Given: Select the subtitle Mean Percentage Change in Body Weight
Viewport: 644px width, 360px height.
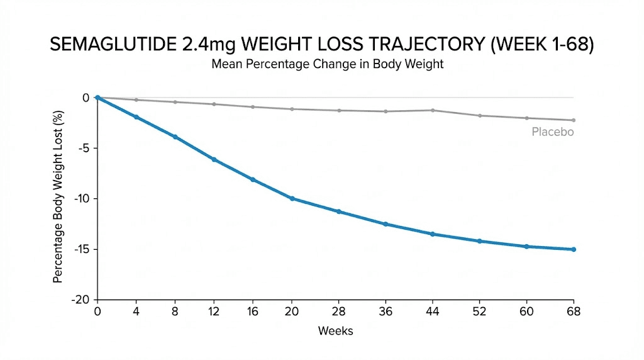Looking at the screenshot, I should pyautogui.click(x=327, y=65).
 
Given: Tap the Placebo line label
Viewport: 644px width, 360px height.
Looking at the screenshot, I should pyautogui.click(x=552, y=132).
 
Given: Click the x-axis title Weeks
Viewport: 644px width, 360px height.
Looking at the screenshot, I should pyautogui.click(x=335, y=331).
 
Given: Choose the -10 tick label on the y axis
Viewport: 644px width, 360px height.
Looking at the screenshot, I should pyautogui.click(x=82, y=198).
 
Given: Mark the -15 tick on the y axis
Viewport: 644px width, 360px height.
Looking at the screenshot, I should pyautogui.click(x=82, y=249).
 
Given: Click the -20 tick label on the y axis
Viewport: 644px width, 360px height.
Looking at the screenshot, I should pyautogui.click(x=82, y=300).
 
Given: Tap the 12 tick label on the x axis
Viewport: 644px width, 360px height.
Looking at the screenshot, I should pyautogui.click(x=214, y=312).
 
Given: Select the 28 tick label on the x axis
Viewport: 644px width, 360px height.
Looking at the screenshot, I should pyautogui.click(x=339, y=312).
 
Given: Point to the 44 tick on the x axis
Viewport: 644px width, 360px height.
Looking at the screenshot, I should pyautogui.click(x=432, y=312).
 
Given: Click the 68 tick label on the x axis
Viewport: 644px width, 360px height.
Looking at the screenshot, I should pyautogui.click(x=573, y=312).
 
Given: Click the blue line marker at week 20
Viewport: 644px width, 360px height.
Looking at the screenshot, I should pyautogui.click(x=292, y=198).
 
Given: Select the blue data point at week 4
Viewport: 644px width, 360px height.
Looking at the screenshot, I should pyautogui.click(x=136, y=117).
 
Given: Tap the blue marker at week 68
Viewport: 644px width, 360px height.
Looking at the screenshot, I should pyautogui.click(x=574, y=249).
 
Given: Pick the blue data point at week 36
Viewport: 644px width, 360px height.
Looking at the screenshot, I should pyautogui.click(x=386, y=224).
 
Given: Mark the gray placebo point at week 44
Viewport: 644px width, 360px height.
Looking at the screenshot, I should pyautogui.click(x=432, y=110).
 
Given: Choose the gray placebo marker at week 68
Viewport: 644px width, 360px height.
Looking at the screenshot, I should pyautogui.click(x=574, y=120).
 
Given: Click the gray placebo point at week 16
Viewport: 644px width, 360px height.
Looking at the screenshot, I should pyautogui.click(x=253, y=107).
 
